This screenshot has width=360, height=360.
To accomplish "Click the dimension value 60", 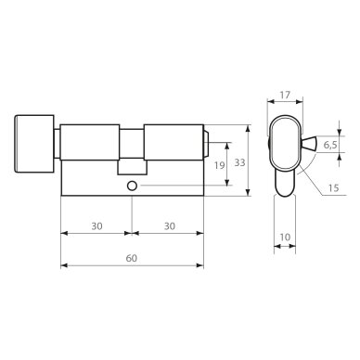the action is click(132, 258).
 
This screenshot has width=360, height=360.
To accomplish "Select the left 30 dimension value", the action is click(96, 226).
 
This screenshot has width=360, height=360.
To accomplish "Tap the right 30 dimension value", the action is click(170, 226).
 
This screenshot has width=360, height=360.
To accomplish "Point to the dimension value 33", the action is click(239, 162).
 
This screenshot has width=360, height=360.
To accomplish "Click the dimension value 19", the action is click(220, 165).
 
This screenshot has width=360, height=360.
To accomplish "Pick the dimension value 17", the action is click(285, 95).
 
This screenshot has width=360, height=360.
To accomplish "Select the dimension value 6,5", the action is click(330, 145).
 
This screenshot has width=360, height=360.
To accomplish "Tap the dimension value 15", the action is click(333, 187).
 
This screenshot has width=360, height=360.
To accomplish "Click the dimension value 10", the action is click(285, 237).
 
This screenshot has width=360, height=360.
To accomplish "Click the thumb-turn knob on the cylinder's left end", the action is click(34, 144).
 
